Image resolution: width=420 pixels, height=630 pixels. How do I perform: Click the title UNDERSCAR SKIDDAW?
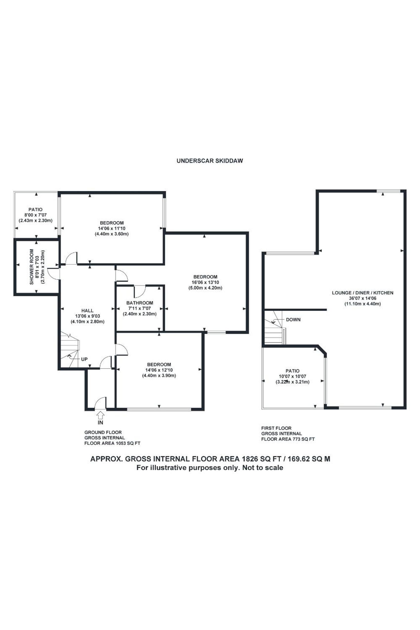[x=210, y=161]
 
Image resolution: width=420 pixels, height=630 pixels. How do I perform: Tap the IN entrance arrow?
[x=100, y=415]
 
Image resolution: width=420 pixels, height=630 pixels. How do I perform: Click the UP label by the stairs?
[x=84, y=359]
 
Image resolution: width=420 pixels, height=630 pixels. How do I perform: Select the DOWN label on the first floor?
[x=293, y=320]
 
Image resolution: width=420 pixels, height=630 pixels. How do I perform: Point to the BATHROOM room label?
[x=140, y=303]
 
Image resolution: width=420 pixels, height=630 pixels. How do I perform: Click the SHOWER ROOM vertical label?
[x=32, y=267]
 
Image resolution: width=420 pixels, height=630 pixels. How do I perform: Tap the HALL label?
[x=87, y=311]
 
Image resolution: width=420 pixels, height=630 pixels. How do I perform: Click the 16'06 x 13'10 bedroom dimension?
[x=205, y=282]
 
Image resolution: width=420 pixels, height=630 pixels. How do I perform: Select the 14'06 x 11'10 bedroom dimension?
[x=112, y=228]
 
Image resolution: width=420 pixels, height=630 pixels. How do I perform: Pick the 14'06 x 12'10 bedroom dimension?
[x=159, y=370]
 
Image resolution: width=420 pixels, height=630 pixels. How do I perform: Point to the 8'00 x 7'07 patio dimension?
[x=35, y=215]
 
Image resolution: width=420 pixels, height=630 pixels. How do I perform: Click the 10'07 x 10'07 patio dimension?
[x=293, y=376]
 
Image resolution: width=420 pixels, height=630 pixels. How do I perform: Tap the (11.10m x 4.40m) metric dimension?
[x=363, y=304]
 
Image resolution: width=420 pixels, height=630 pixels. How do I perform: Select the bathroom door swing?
[x=139, y=291]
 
